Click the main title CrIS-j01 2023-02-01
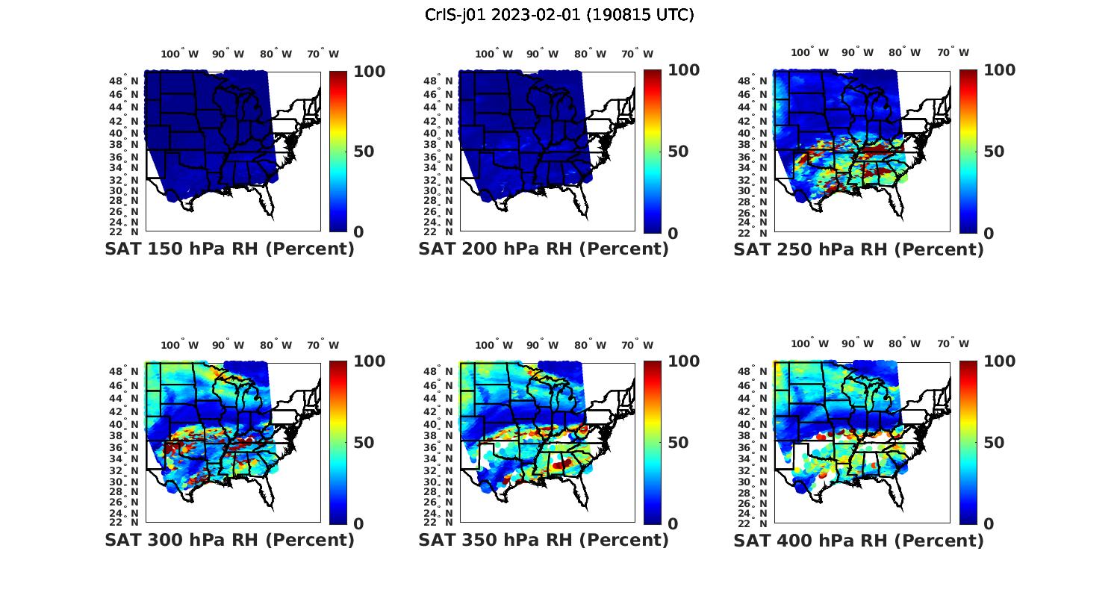coord(559,15)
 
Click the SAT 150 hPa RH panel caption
coord(229,249)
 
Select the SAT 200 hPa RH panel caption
coord(544,249)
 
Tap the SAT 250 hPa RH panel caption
coord(859,249)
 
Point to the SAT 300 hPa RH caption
coord(229,540)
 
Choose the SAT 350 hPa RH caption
coord(544,540)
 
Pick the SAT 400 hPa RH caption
coord(859,540)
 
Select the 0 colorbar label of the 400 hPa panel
coord(989,524)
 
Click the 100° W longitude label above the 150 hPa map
coord(180,54)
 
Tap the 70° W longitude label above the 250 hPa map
coord(953,52)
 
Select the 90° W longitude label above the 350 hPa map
coord(542,345)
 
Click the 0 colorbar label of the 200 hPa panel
coord(673,233)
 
